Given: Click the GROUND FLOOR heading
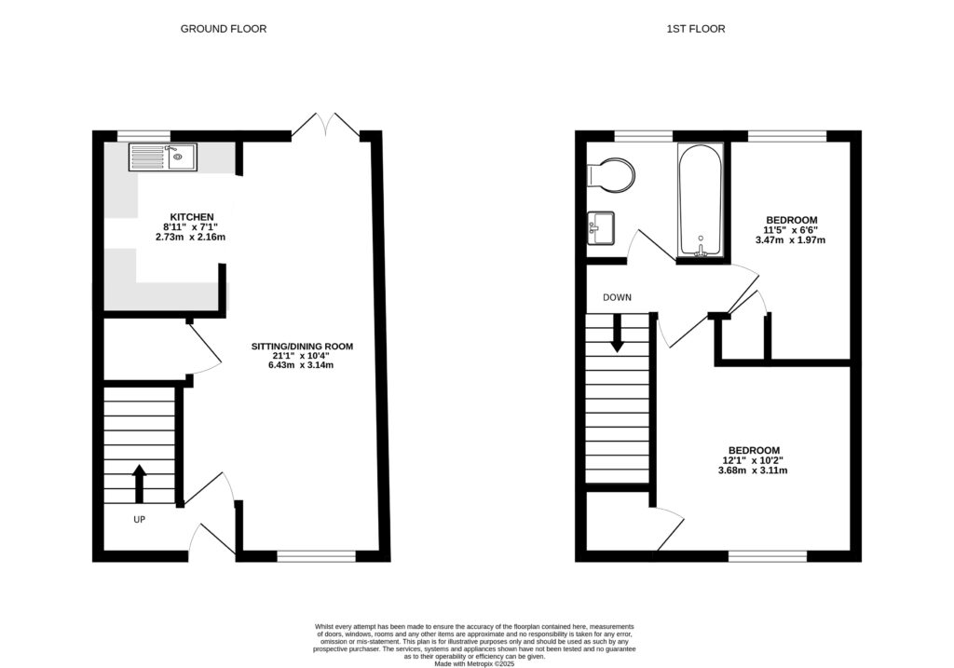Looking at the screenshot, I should pos(224,29).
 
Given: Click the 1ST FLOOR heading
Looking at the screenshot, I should pos(696,29).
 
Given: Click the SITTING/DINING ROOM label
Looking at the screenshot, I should pos(302,347).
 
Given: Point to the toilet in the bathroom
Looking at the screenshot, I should pos(614,172).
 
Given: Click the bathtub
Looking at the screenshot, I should pos(701,200).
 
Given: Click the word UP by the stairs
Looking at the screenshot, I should pos(140,519).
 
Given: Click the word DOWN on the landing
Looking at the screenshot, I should pos(617,298).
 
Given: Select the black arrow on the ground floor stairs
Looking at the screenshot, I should pos(140,484).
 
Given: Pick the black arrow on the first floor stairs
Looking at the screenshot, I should pos(617,334).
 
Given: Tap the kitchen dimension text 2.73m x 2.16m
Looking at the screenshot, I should pos(191,238).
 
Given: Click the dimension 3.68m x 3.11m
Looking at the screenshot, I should pos(754,470).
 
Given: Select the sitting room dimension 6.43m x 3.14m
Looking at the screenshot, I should pos(302,365).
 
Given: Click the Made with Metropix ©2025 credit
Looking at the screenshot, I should pos(477,664).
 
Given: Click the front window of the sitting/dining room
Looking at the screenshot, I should pos(316,557).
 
